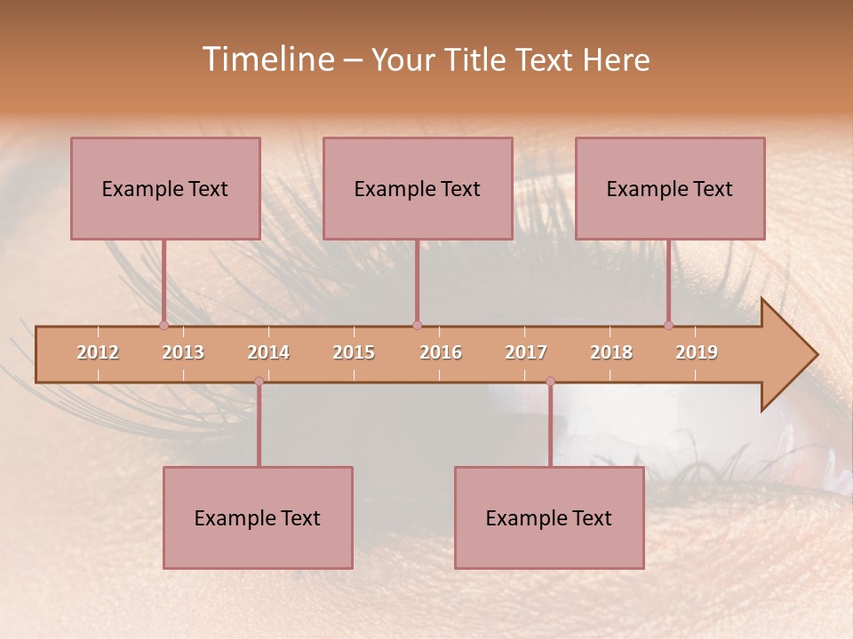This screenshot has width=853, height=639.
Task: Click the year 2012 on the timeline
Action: click(98, 352)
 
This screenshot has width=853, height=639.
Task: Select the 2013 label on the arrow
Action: click(183, 352)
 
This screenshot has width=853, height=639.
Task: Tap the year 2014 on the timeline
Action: click(268, 352)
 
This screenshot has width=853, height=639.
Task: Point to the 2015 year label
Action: click(354, 352)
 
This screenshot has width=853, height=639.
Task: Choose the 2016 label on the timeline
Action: click(441, 352)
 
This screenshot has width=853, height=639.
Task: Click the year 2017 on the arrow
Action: click(526, 352)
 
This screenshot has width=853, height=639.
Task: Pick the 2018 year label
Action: click(611, 352)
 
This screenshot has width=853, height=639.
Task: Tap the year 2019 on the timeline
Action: click(697, 352)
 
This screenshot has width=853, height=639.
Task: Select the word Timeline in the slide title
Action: click(267, 59)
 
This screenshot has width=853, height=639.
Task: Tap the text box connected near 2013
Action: click(165, 188)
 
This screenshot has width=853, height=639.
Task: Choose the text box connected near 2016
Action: click(418, 188)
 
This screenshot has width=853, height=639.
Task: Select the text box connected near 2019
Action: click(670, 188)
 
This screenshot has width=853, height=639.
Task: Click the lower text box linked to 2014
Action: click(258, 517)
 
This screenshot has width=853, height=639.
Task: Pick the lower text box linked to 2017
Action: click(549, 517)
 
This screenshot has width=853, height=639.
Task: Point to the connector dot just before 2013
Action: click(164, 325)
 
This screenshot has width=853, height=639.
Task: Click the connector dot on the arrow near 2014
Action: click(259, 381)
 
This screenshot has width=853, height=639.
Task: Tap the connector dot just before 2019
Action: click(669, 325)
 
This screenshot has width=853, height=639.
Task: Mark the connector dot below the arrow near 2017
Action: click(550, 381)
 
